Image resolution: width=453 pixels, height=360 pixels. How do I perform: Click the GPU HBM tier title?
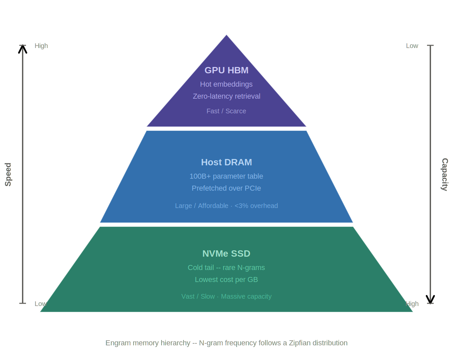click(x=226, y=70)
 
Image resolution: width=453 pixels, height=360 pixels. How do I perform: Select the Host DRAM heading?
click(x=226, y=162)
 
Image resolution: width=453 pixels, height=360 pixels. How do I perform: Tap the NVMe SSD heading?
click(x=226, y=254)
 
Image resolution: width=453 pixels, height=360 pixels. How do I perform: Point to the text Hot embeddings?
click(x=226, y=84)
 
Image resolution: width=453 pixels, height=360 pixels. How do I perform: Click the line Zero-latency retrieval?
click(x=226, y=96)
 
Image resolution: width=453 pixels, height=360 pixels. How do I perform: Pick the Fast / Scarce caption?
click(x=226, y=111)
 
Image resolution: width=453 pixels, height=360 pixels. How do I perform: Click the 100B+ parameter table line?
click(x=226, y=176)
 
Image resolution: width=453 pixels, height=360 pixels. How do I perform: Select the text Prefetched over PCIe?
click(x=226, y=188)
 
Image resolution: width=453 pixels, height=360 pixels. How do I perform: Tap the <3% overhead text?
click(x=256, y=206)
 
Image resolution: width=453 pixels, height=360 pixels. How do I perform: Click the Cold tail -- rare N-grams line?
click(x=226, y=268)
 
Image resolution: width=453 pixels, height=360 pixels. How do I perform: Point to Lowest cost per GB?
click(x=226, y=280)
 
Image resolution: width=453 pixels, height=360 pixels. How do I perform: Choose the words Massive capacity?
click(x=246, y=296)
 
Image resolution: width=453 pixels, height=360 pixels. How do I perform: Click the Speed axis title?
click(x=8, y=174)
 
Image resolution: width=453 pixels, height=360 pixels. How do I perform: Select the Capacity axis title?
click(x=445, y=174)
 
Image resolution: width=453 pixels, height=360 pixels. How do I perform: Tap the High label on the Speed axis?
click(x=41, y=46)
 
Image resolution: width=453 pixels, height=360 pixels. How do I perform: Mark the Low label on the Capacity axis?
click(x=412, y=46)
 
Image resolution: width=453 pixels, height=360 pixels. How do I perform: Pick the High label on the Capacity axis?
click(x=412, y=304)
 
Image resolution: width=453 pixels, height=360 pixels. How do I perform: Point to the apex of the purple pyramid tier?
click(x=226, y=35)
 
